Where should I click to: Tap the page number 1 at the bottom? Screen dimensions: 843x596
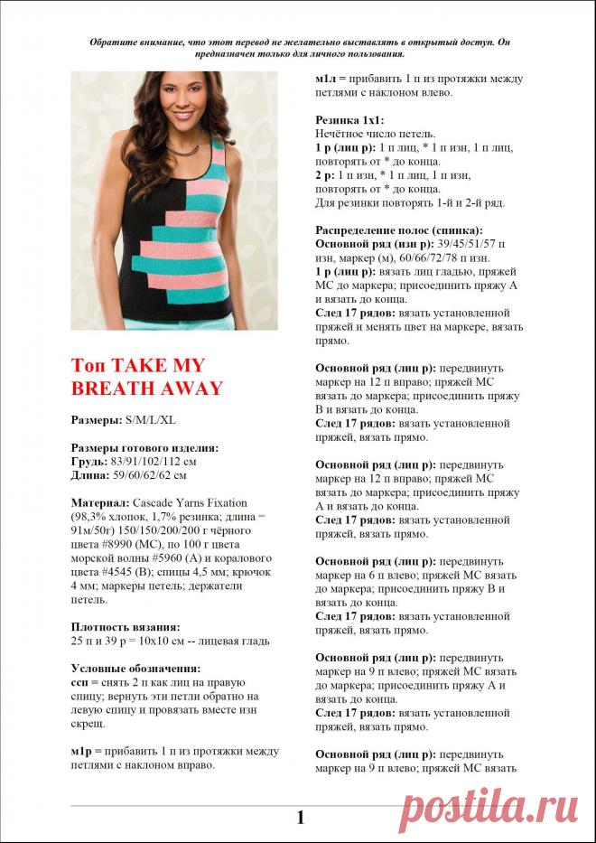pos(300,818)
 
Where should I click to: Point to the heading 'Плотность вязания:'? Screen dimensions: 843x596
pos(126,626)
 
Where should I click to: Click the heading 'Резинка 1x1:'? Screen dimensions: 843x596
pos(349,119)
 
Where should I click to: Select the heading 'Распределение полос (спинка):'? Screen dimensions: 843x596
pos(398,230)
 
